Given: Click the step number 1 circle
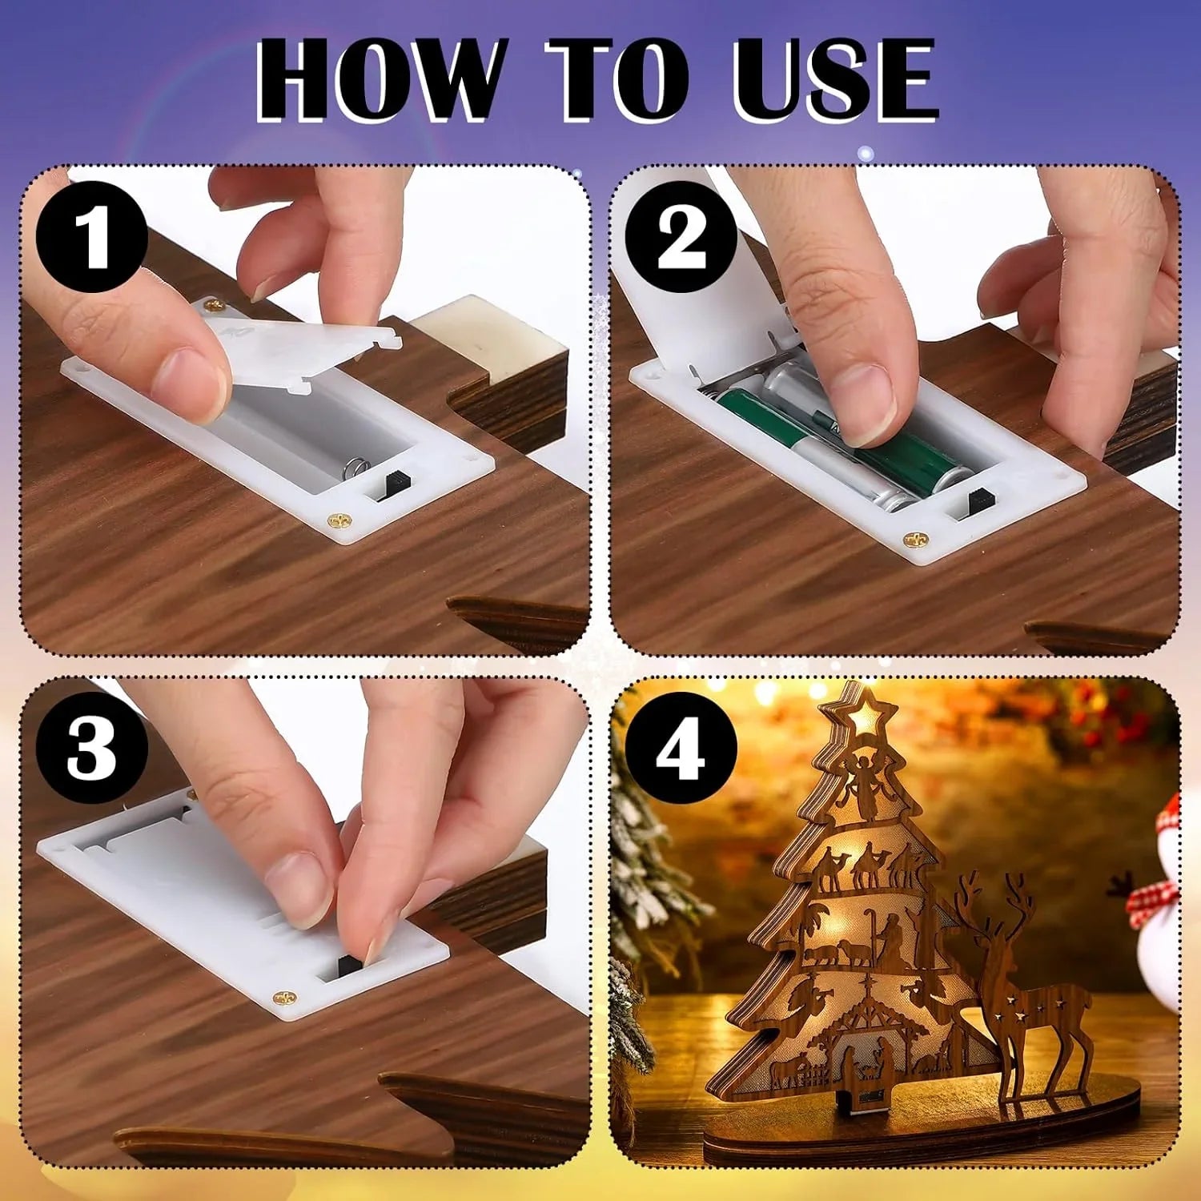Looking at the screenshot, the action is pyautogui.click(x=93, y=237).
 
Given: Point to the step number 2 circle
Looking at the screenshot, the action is pyautogui.click(x=681, y=237).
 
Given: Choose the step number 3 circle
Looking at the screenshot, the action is pyautogui.click(x=93, y=748).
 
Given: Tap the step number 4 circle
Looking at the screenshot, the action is pyautogui.click(x=681, y=748).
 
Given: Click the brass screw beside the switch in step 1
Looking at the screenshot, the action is pyautogui.click(x=340, y=521).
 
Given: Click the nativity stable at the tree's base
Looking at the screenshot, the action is pyautogui.click(x=865, y=1041).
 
